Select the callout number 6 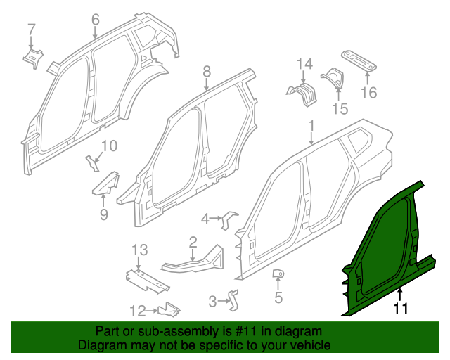pos(96,20)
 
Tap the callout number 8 pos(207,70)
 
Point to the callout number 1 pos(311,127)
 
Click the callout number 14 pos(303,65)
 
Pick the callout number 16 pos(369,92)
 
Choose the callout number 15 pos(340,108)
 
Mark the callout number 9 pos(104,214)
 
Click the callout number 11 pos(400,307)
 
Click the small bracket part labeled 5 pos(278,274)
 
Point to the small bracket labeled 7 pos(33,56)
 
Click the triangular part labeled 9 pos(105,185)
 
